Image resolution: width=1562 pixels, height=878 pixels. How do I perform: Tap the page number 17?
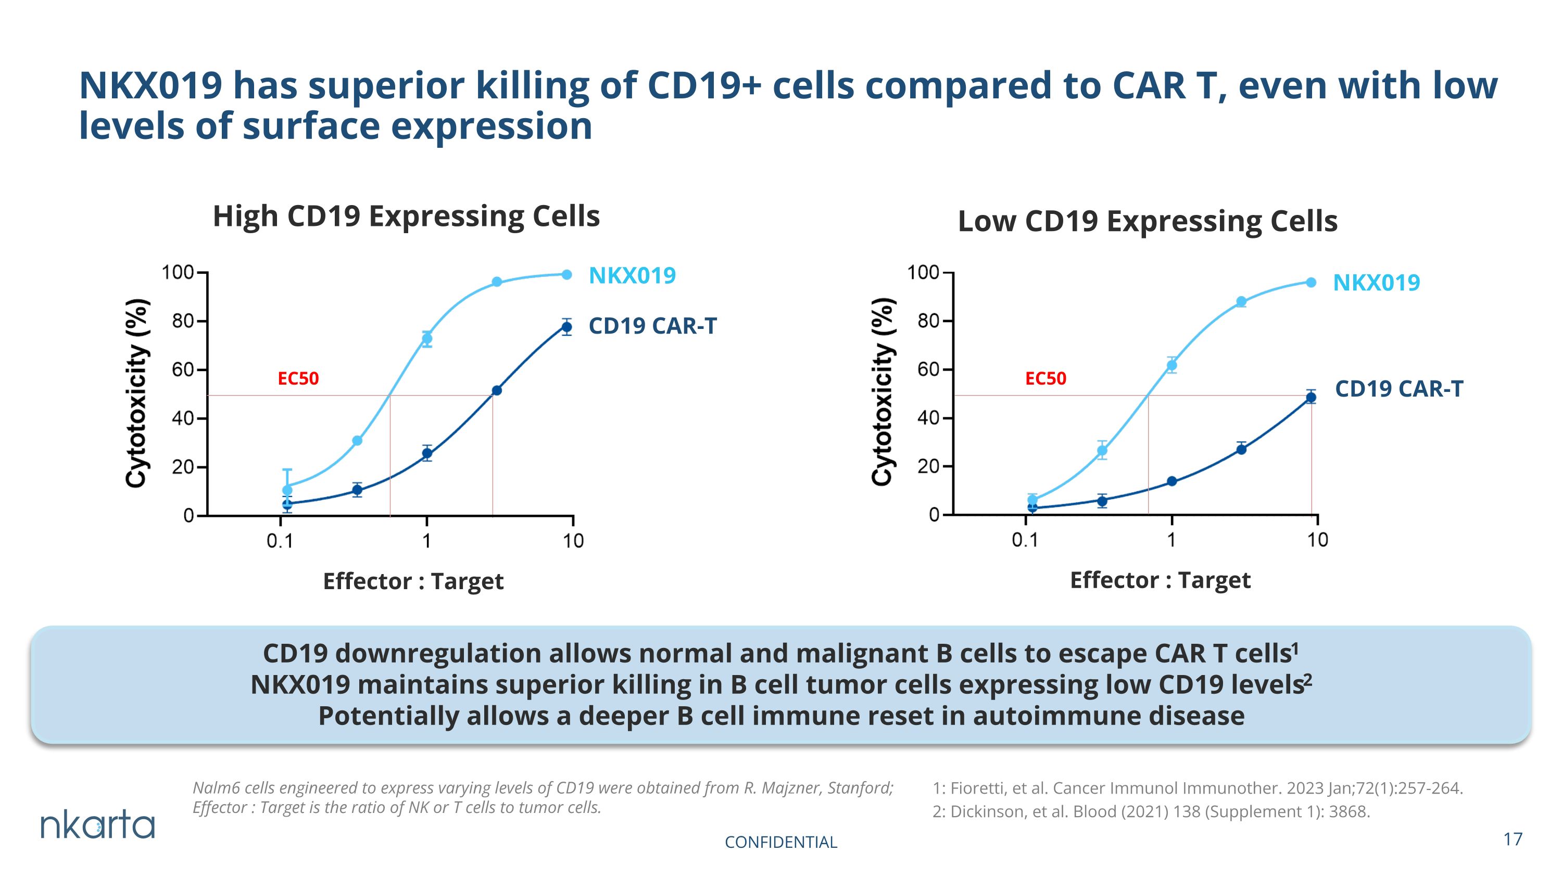pyautogui.click(x=1513, y=839)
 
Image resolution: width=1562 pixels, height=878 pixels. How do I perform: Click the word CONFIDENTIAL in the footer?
pyautogui.click(x=780, y=842)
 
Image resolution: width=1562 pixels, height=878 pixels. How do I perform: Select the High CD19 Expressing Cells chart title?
pyautogui.click(x=406, y=217)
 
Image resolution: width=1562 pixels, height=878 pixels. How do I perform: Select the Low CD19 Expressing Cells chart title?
pyautogui.click(x=1147, y=222)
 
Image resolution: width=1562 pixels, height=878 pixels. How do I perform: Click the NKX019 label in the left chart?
pyautogui.click(x=633, y=276)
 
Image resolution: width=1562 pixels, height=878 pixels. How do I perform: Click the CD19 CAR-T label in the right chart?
pyautogui.click(x=1399, y=389)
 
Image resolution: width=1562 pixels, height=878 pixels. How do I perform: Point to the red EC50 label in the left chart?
pyautogui.click(x=298, y=379)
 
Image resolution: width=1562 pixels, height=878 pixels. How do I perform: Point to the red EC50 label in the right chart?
pyautogui.click(x=1045, y=379)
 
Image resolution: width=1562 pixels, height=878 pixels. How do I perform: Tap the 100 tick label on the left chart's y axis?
pyautogui.click(x=177, y=273)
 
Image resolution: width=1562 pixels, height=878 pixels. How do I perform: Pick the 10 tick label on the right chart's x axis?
pyautogui.click(x=1317, y=540)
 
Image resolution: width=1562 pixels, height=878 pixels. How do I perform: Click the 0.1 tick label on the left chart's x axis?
pyautogui.click(x=280, y=541)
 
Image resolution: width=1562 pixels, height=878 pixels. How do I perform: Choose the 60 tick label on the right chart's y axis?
pyautogui.click(x=928, y=369)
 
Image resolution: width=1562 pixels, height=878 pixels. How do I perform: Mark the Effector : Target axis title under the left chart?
pyautogui.click(x=413, y=582)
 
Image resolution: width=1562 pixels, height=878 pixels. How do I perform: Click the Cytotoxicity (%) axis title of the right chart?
pyautogui.click(x=882, y=392)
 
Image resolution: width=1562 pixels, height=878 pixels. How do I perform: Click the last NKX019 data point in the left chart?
pyautogui.click(x=566, y=274)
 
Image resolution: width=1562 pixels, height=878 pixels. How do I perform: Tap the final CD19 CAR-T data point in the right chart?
pyautogui.click(x=1311, y=398)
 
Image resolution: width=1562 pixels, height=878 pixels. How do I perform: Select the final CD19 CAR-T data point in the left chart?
pyautogui.click(x=566, y=327)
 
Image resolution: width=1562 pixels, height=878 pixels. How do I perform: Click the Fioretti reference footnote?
pyautogui.click(x=1198, y=788)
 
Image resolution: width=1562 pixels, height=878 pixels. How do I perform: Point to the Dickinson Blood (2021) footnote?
pyautogui.click(x=1151, y=812)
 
